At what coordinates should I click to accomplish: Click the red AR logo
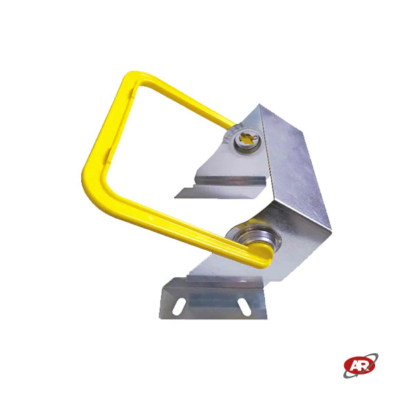359,366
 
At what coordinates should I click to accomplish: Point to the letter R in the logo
363,365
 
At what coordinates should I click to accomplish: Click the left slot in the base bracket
178,306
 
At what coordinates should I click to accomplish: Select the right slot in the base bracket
244,306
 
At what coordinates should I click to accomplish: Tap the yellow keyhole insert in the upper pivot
246,138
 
